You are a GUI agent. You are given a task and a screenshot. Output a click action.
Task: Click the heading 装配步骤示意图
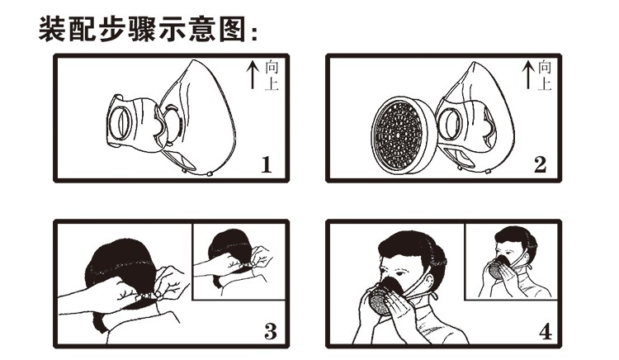point(144,29)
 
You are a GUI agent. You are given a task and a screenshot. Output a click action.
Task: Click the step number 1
point(267,164)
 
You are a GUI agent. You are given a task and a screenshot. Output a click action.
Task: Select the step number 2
point(540,164)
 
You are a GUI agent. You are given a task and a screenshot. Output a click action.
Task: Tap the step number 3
point(271,332)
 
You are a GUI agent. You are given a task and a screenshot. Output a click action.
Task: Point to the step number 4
point(546,332)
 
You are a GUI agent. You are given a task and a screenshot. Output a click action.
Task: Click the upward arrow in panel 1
point(253,75)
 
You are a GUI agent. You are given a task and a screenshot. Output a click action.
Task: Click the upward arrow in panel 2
point(528,75)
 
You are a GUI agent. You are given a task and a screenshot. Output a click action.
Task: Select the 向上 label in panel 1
point(272,75)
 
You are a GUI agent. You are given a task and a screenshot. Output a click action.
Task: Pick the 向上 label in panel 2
point(545,75)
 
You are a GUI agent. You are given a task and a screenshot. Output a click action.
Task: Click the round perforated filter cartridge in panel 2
point(404,135)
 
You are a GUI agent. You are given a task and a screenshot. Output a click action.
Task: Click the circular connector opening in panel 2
point(450,123)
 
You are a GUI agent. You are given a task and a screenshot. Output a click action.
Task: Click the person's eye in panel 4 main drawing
point(399,273)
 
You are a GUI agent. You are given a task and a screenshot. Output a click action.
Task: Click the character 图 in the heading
point(232,29)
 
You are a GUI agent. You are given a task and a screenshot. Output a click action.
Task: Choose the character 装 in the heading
point(52,29)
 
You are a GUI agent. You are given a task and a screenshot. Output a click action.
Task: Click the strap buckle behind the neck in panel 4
point(435,296)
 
